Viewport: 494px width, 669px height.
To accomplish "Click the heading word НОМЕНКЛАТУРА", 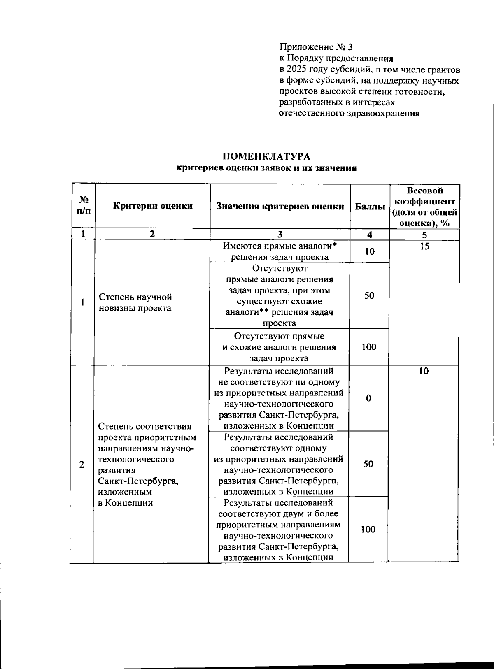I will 266,156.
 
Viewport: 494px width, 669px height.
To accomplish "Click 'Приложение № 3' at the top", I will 316,47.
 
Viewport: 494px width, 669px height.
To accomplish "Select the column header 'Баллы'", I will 370,207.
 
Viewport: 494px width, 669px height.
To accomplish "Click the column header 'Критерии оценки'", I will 153,206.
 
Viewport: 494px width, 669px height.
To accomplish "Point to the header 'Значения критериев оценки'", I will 280,207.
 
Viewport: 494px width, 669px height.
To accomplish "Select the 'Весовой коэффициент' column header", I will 424,207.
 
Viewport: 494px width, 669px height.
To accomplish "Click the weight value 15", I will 424,246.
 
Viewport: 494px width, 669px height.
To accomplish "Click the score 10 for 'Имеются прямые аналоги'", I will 370,251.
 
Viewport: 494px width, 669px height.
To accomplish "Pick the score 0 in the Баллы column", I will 368,398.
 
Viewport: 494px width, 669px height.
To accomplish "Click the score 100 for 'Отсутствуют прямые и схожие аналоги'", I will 369,347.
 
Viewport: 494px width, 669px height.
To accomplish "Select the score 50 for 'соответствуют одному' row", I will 368,464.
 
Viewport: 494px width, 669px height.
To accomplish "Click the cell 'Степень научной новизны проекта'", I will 135,302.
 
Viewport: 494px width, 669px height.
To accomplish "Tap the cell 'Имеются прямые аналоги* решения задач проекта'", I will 280,251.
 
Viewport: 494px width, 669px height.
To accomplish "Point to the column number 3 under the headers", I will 280,235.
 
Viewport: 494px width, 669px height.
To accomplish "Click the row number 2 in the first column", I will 82,464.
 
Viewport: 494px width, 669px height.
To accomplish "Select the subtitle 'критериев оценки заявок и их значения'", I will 266,168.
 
